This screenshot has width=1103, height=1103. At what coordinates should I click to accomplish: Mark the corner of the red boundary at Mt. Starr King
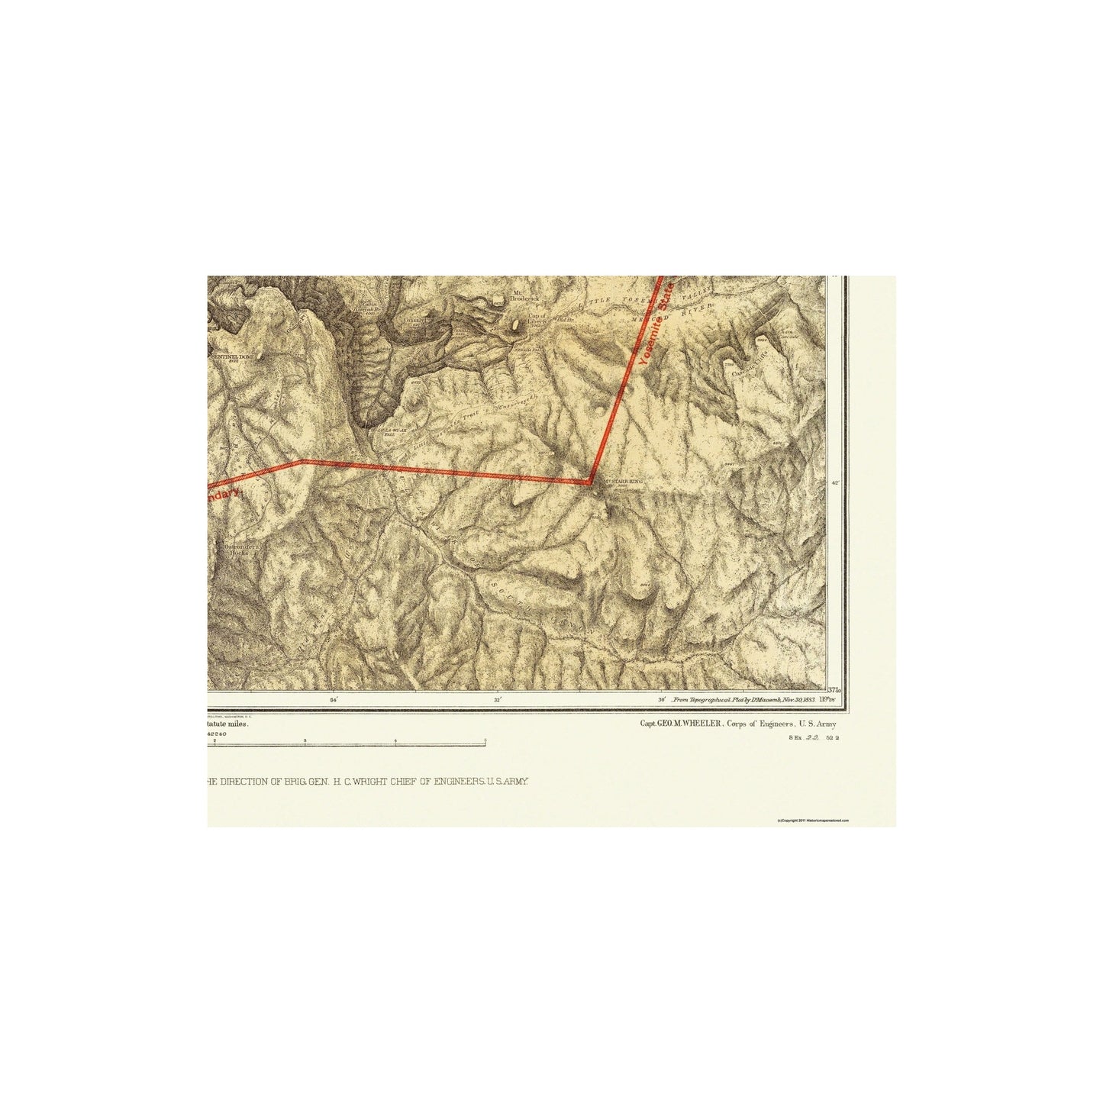(x=591, y=482)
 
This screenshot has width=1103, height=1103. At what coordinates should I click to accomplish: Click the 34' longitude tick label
(x=333, y=699)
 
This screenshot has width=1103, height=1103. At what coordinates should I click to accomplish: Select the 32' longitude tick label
(x=497, y=699)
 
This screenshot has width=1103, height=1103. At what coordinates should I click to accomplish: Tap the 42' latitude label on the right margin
(x=834, y=482)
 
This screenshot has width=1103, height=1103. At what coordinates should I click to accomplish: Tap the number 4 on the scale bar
(x=395, y=740)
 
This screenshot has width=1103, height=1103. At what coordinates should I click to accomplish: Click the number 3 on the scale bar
(x=305, y=740)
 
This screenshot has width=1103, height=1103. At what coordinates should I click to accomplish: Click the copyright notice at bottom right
(x=812, y=821)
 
